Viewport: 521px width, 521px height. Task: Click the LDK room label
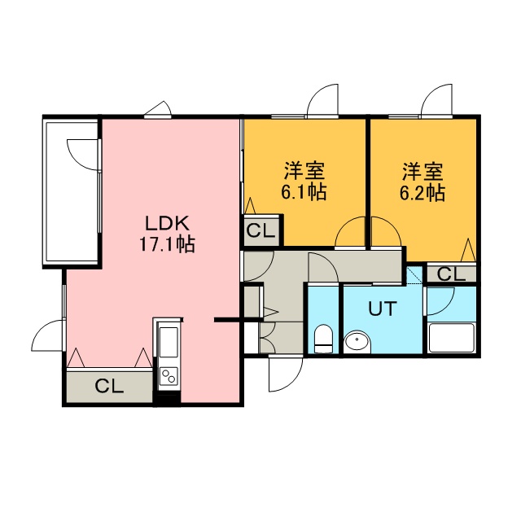tap(168, 223)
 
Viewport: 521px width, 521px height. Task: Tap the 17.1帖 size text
tap(167, 244)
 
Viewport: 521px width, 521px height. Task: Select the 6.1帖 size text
tap(304, 192)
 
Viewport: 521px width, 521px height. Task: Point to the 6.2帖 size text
tap(422, 192)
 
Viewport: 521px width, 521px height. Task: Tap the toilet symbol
tap(323, 339)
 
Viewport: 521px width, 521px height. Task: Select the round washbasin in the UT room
tap(357, 341)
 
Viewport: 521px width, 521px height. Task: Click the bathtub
tap(451, 337)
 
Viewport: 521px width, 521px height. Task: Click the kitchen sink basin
tap(169, 342)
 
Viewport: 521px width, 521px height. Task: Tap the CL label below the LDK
tap(109, 386)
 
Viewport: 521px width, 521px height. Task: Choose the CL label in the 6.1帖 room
tap(261, 230)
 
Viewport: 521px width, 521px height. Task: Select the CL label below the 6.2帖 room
tap(451, 274)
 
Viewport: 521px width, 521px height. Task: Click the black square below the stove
tap(167, 400)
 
